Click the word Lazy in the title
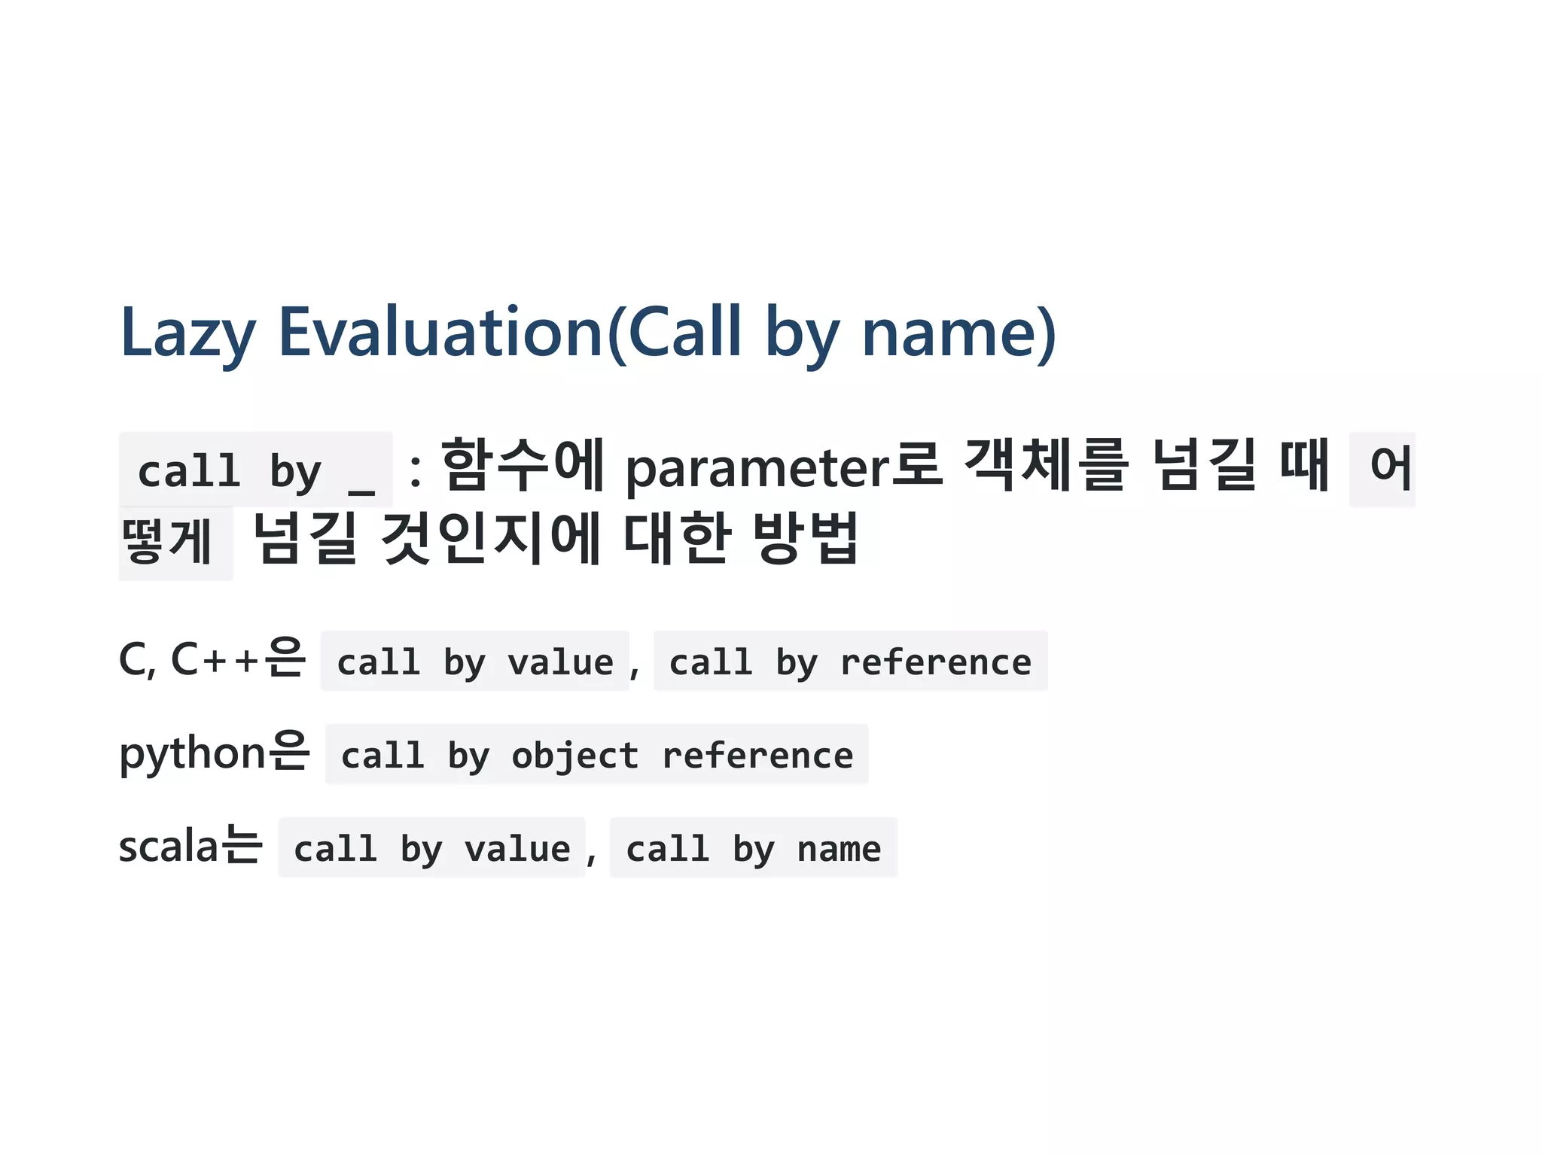(x=188, y=333)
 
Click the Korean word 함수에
(x=522, y=467)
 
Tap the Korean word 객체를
(x=1047, y=467)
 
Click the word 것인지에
(x=490, y=539)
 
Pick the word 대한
(x=677, y=539)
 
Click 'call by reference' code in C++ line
(x=850, y=662)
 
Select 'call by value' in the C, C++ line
(x=475, y=662)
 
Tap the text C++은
(x=238, y=659)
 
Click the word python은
(x=215, y=753)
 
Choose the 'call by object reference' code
(x=597, y=756)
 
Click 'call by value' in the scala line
(x=432, y=849)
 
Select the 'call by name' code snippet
(x=754, y=849)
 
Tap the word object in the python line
(x=574, y=756)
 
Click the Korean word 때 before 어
(x=1304, y=467)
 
